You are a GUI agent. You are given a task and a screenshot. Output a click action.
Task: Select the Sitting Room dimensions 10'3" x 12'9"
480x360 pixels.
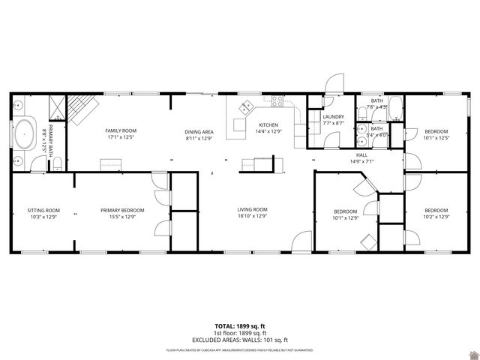43,217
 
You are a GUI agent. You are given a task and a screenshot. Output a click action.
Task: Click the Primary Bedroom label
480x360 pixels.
122,210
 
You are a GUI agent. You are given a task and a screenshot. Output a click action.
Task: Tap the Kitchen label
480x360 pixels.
268,124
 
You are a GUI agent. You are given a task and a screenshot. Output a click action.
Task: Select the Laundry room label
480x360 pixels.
333,117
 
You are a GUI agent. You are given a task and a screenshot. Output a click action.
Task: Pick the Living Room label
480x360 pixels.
252,209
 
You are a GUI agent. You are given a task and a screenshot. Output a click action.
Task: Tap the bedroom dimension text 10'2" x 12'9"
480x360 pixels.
436,217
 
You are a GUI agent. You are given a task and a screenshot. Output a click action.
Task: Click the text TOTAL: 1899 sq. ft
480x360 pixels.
239,326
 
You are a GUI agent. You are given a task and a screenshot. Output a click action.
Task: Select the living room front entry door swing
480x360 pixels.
301,241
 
